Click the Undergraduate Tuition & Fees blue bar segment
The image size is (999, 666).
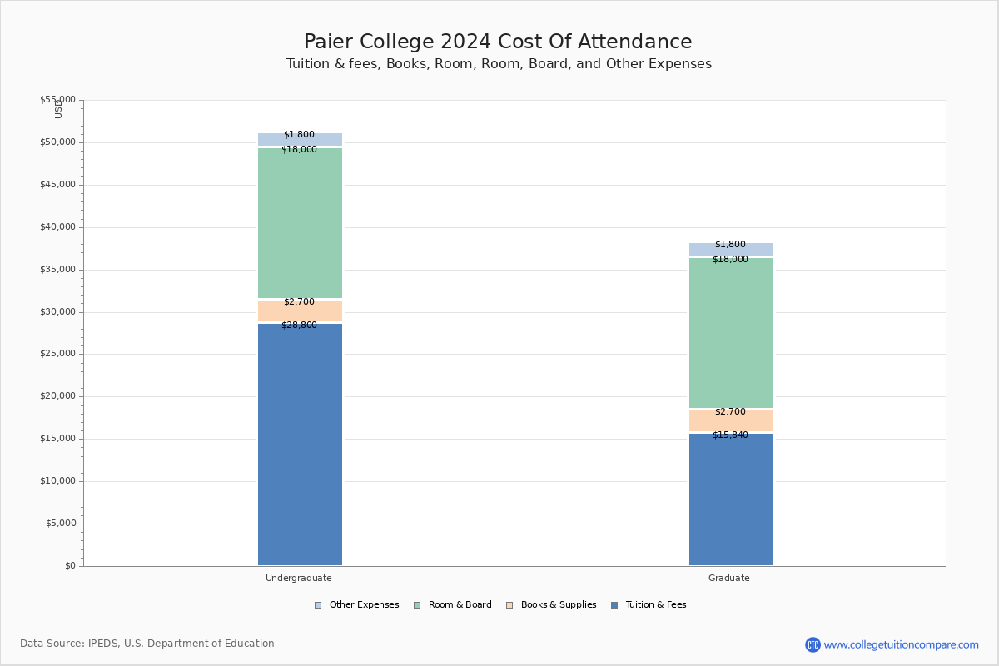pos(300,445)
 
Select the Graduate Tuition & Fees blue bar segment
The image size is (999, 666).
pos(731,499)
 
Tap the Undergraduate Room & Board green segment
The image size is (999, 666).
pos(300,223)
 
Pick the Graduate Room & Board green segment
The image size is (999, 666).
pos(731,333)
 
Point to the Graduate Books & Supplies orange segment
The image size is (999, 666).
pos(731,421)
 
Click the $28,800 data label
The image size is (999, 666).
pos(299,326)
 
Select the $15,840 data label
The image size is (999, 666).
pos(730,435)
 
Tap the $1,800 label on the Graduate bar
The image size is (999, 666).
pos(730,245)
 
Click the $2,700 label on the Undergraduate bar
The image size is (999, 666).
pos(299,302)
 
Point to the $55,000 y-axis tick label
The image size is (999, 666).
pos(57,100)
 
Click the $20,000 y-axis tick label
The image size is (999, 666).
pos(57,396)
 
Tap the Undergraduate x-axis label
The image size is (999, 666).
pos(299,578)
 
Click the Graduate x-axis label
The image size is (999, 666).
pos(729,578)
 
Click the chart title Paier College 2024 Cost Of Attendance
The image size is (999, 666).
pos(498,42)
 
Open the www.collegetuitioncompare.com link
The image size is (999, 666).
pos(901,644)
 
